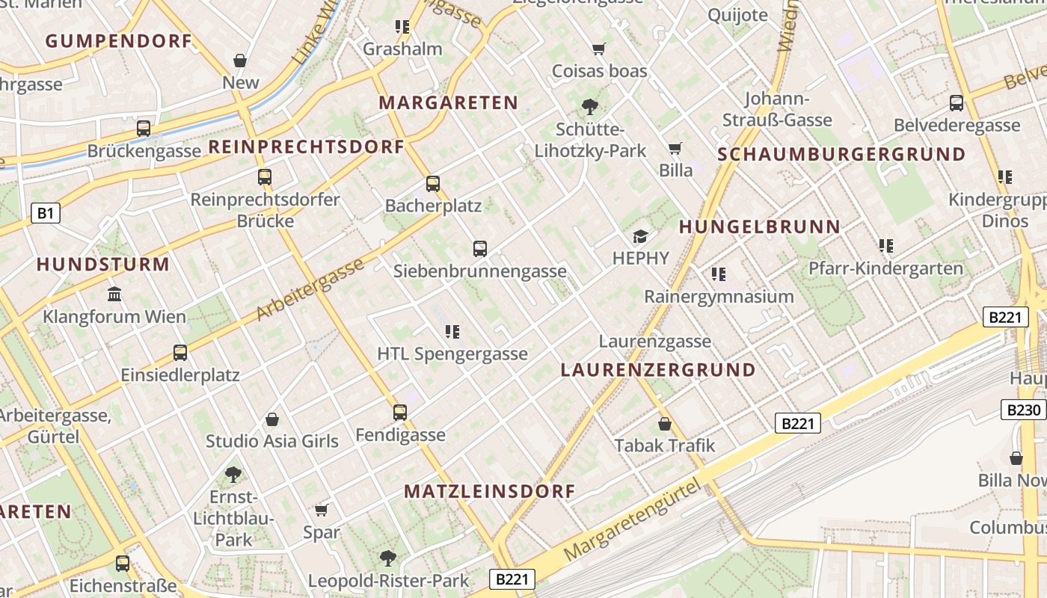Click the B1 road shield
[46, 214]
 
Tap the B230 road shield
[1023, 410]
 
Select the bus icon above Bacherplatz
[433, 184]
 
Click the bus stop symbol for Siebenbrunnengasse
[480, 249]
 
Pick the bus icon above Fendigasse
[400, 413]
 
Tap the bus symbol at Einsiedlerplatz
[180, 353]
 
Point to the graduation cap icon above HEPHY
[641, 237]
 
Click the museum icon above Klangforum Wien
[114, 295]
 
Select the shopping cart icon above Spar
[322, 511]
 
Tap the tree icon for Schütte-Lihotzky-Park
[590, 107]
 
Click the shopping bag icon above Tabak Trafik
[665, 425]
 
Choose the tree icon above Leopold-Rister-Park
[388, 558]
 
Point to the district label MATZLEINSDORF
[490, 491]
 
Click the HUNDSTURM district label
[103, 264]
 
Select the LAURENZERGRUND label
[658, 370]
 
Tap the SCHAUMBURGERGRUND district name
[841, 155]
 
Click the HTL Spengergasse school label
[452, 354]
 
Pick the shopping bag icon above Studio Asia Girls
[272, 420]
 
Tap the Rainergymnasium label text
[719, 297]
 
